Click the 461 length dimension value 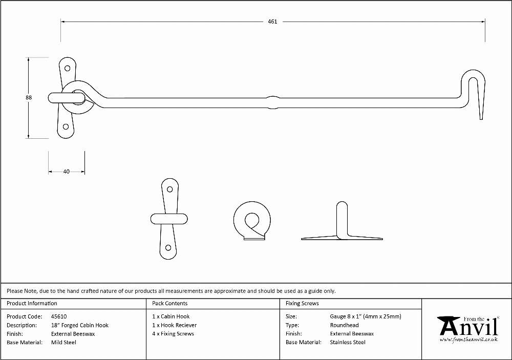click(272, 22)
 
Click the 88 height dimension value click(29, 97)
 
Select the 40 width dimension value click(66, 172)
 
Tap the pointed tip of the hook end click(481, 119)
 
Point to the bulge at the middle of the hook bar click(273, 102)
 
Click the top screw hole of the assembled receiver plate click(67, 68)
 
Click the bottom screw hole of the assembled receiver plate click(66, 127)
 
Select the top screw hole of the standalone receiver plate click(170, 189)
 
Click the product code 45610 click(59, 316)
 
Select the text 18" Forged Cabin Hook click(80, 325)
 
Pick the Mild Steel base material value click(63, 343)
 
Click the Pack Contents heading click(170, 303)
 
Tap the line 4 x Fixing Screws click(173, 333)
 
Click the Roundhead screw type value click(344, 325)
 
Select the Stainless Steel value click(348, 343)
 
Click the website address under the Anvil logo click(468, 340)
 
